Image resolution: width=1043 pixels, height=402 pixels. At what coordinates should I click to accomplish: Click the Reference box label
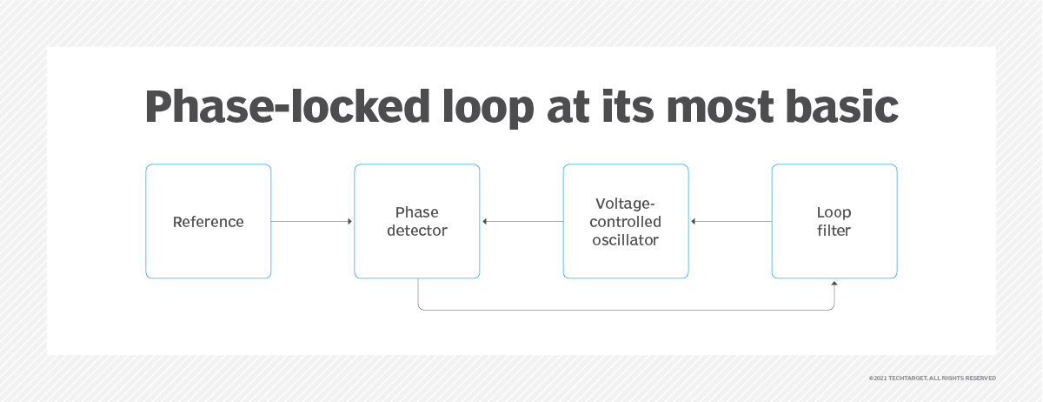209,222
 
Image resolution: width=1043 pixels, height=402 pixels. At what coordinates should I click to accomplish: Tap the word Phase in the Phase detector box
417,212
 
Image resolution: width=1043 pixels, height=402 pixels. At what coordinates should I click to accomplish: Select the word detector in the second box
417,231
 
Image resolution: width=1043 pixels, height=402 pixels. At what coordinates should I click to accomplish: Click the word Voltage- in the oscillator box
626,204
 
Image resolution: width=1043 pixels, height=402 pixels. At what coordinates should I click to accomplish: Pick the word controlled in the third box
626,222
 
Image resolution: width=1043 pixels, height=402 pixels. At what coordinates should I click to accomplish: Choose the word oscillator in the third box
626,240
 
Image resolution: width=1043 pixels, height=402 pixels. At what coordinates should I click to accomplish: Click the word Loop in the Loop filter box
834,212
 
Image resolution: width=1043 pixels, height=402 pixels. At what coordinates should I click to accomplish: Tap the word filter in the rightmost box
834,231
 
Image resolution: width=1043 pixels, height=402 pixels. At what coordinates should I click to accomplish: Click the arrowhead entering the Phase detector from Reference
350,222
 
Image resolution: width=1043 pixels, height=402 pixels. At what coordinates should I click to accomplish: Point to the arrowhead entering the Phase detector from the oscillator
484,222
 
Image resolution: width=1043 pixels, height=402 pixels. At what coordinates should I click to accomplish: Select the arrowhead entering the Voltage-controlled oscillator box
693,222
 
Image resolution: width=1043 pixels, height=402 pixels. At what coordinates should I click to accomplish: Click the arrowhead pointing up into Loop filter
834,283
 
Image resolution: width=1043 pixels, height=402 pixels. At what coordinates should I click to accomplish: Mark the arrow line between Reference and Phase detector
310,222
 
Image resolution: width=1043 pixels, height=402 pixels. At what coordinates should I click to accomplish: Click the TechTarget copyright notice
932,379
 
